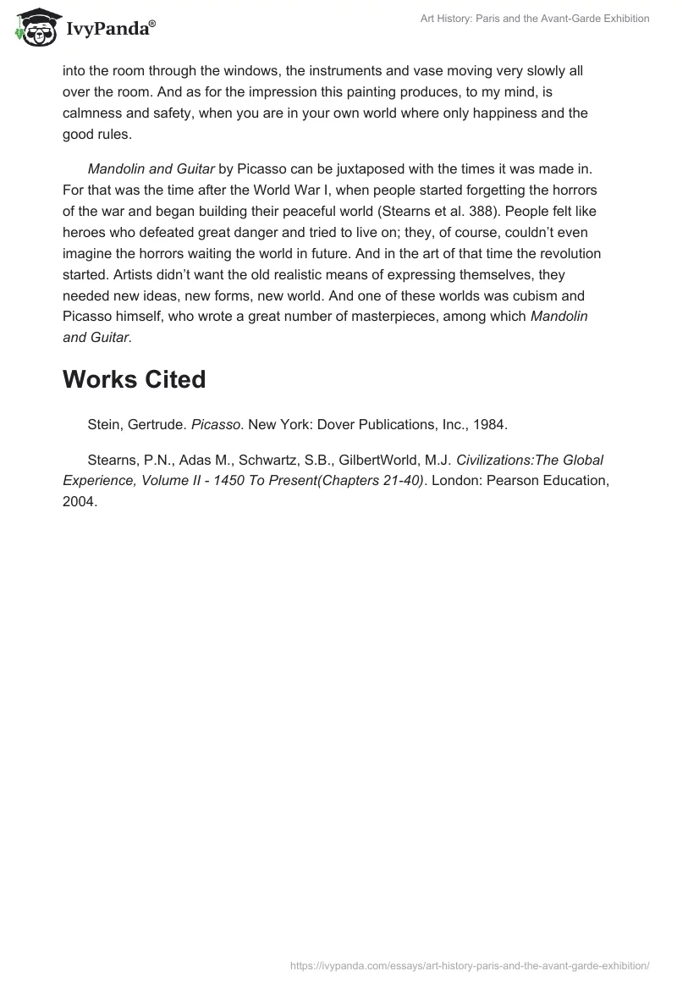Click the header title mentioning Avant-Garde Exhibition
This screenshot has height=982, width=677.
pos(535,19)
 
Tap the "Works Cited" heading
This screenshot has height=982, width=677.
pos(134,380)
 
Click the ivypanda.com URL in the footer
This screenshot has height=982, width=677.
pos(470,965)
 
